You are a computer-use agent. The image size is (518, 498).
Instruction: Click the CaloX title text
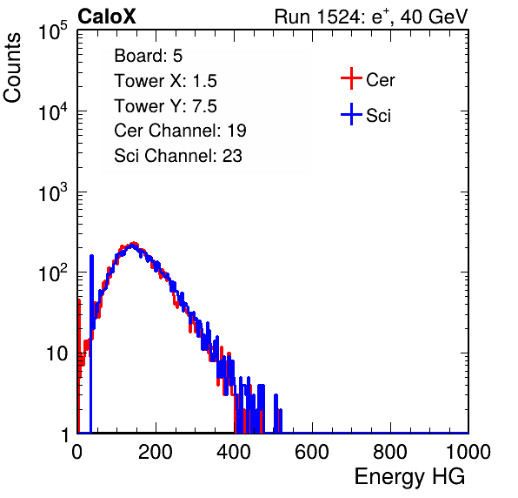(107, 17)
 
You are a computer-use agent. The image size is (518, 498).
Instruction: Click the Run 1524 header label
(371, 17)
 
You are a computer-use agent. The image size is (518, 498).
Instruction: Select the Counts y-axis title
(12, 67)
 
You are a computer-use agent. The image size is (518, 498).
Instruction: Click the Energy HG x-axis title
(409, 477)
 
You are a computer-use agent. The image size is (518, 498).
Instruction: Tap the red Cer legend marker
(351, 78)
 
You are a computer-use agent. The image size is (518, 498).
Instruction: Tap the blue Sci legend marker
(351, 115)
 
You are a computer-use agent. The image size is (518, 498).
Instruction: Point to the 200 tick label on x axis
(156, 452)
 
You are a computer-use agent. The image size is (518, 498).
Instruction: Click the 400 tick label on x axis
(234, 452)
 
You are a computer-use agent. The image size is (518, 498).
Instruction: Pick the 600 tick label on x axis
(312, 452)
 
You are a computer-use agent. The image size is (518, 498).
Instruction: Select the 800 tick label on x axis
(390, 452)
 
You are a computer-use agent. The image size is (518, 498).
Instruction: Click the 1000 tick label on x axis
(468, 452)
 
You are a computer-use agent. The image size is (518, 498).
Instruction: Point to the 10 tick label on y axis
(56, 354)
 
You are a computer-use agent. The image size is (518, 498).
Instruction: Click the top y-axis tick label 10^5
(53, 30)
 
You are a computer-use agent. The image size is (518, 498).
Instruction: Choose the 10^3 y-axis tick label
(53, 192)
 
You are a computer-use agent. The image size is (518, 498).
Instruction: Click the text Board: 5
(148, 56)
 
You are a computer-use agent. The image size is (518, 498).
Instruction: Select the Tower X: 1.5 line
(165, 81)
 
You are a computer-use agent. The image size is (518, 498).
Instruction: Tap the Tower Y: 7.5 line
(165, 106)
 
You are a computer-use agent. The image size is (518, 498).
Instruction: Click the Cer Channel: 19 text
(180, 131)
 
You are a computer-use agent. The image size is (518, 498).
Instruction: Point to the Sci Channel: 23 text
(178, 156)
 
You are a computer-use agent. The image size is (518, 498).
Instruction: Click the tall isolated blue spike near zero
(91, 344)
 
